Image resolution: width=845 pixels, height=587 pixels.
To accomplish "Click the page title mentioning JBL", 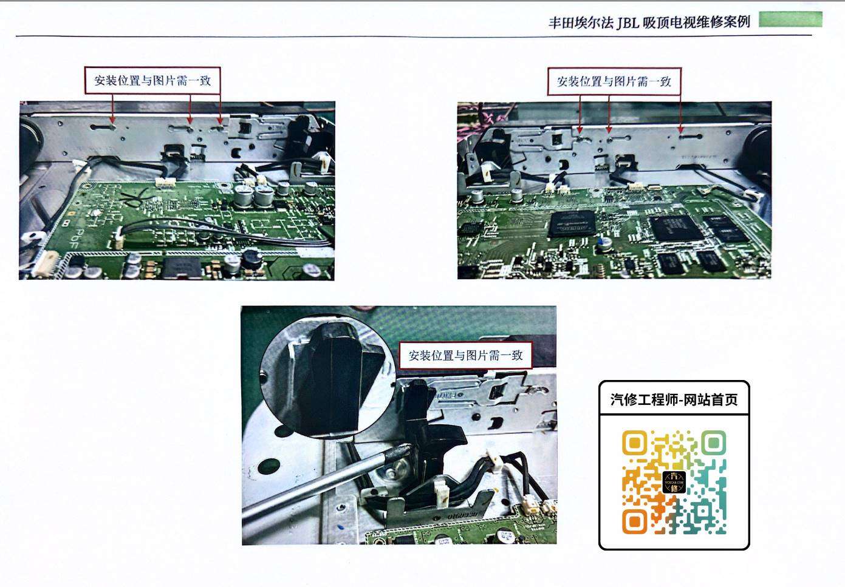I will tap(649, 22).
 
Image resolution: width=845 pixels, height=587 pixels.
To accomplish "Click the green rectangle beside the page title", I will tap(790, 19).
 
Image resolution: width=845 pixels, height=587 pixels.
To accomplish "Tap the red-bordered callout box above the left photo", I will tap(152, 80).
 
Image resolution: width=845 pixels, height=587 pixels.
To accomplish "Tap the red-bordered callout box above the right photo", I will tap(614, 81).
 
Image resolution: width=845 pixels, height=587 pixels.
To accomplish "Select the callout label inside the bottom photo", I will tap(465, 355).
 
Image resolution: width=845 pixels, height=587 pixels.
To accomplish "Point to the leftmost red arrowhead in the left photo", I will tap(113, 120).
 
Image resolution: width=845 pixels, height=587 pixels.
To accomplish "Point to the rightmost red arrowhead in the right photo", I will tap(681, 130).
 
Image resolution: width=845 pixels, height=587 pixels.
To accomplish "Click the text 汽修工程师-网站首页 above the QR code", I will tap(674, 400).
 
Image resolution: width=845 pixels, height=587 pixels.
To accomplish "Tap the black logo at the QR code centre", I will tap(674, 482).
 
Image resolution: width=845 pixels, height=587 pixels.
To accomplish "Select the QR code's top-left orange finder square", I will tap(634, 443).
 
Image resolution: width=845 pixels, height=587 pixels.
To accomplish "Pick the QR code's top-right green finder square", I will tap(713, 443).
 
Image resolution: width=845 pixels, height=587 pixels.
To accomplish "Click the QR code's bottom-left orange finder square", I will tap(634, 521).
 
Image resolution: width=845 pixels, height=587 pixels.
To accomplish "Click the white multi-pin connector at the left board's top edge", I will tap(165, 183).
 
